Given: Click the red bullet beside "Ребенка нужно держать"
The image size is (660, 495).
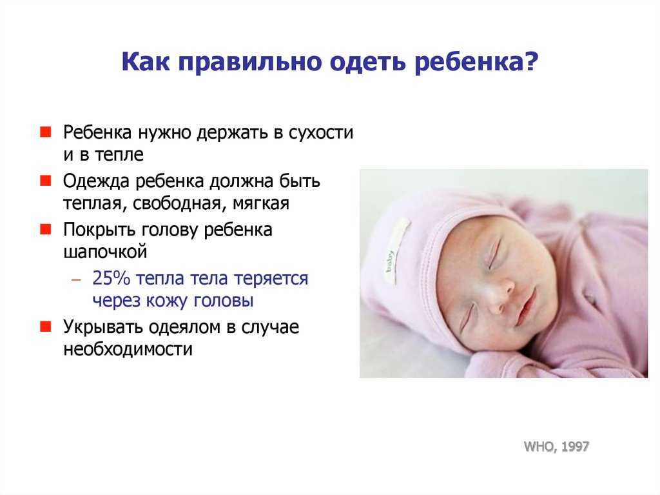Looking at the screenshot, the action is [46, 132].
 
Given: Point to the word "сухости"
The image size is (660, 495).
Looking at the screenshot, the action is [321, 132].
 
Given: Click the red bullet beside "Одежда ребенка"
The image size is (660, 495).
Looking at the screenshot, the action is [46, 181].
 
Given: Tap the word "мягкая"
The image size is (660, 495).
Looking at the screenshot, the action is [261, 204].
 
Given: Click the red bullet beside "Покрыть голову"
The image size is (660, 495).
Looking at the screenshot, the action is [46, 229].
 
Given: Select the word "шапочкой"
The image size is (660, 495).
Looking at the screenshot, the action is [105, 252].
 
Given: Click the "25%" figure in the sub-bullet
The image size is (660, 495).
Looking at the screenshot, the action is [111, 279].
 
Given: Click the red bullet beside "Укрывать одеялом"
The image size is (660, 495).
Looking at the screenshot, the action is [46, 327].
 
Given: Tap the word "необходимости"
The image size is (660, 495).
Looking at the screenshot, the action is [128, 349].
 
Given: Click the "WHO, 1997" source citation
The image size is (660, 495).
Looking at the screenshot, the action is [556, 446].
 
